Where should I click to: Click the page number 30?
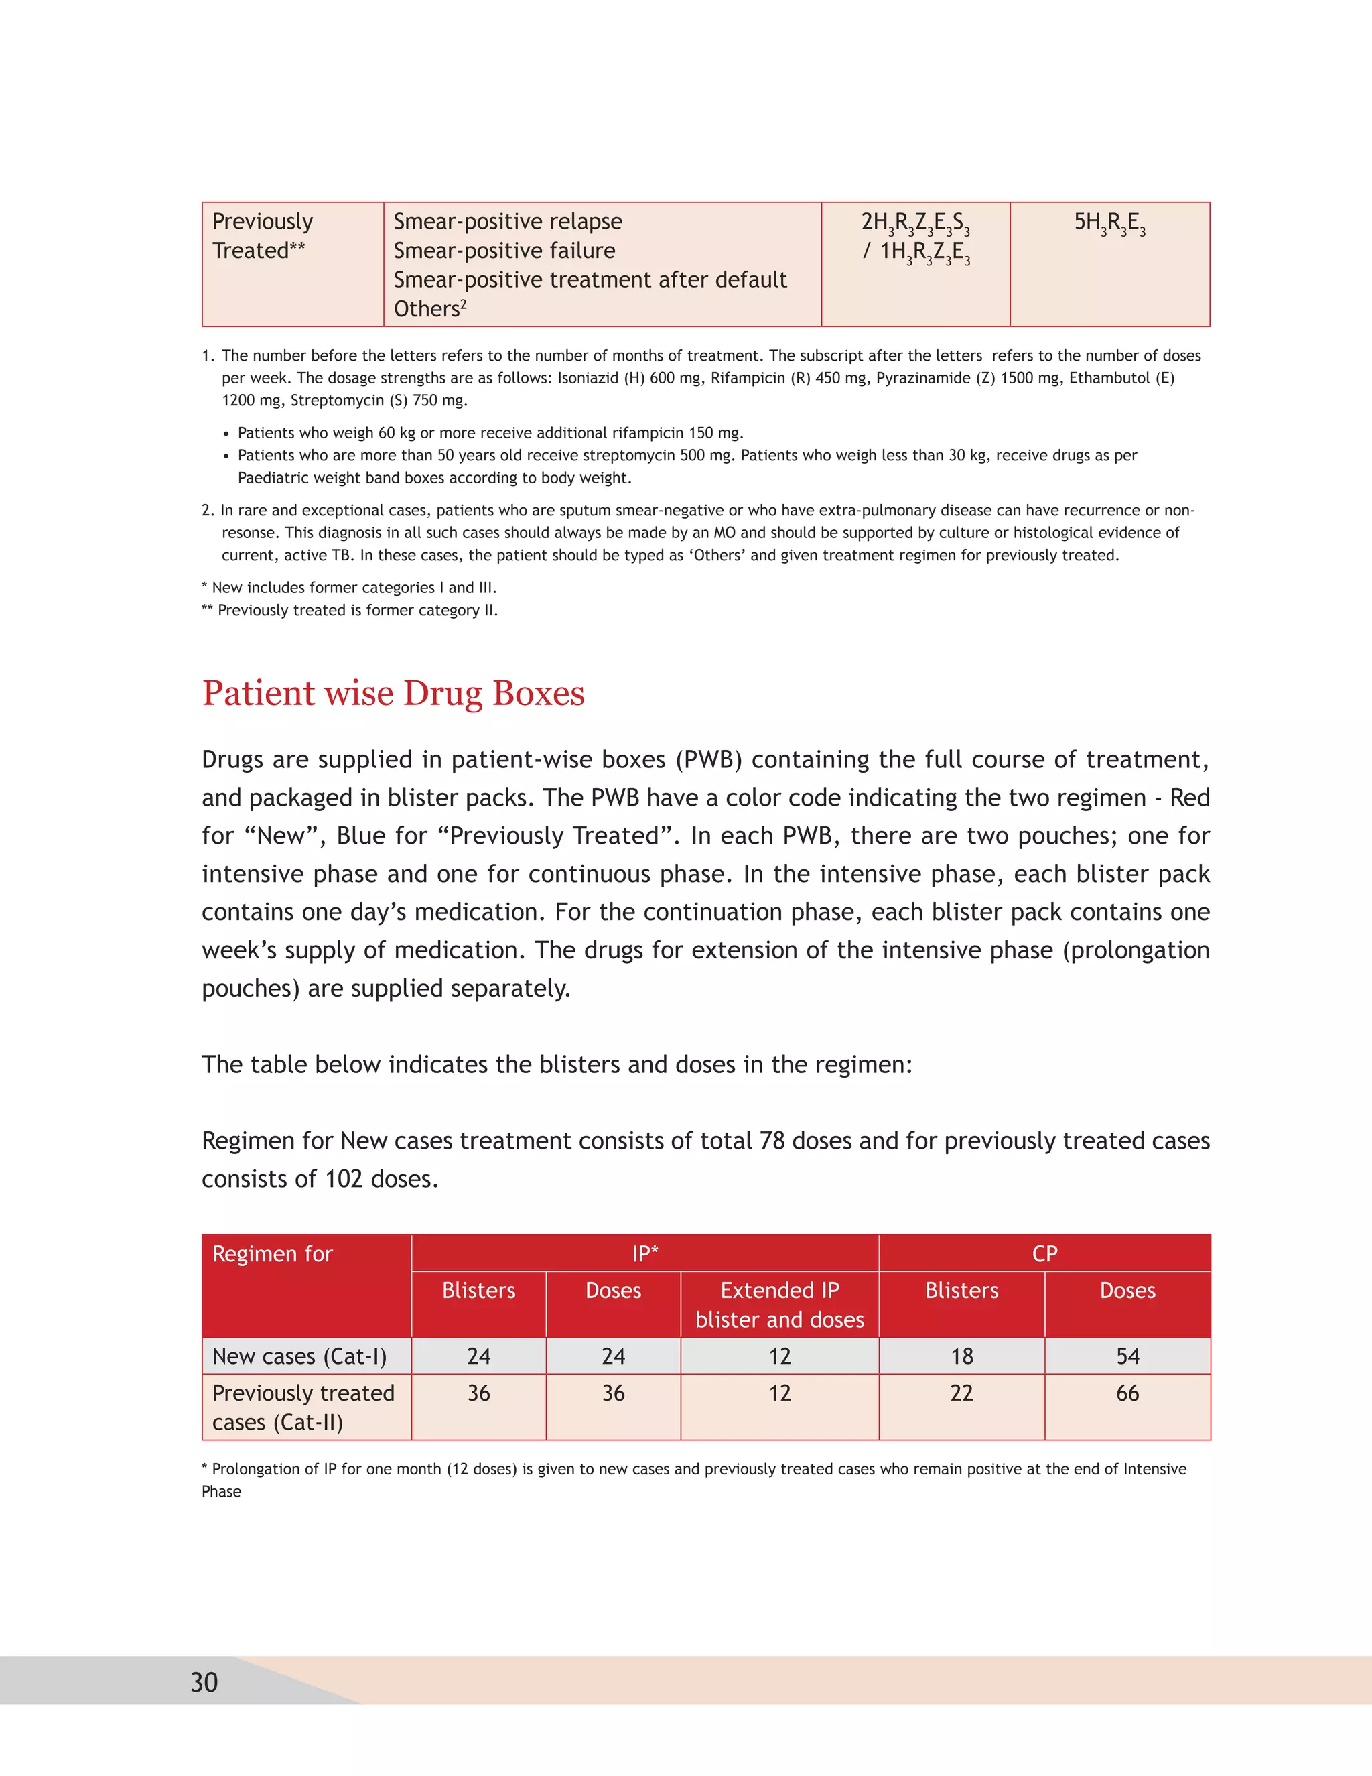point(204,1682)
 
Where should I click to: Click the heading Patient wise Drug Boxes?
point(393,693)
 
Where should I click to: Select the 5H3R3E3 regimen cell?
point(1109,223)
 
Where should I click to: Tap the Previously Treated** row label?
point(262,236)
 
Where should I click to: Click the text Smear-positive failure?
point(504,251)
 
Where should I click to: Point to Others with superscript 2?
point(430,309)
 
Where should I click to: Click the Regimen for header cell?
point(272,1254)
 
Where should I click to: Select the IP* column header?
point(644,1254)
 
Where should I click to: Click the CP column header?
point(1044,1254)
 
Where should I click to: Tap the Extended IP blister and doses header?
point(780,1304)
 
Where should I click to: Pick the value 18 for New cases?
point(961,1356)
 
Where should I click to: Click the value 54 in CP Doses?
point(1127,1356)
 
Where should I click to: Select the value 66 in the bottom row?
point(1127,1393)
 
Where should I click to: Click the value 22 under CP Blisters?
point(961,1393)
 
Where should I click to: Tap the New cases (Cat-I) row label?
point(299,1356)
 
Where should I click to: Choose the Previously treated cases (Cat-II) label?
point(302,1407)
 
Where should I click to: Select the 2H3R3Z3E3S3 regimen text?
point(915,223)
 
